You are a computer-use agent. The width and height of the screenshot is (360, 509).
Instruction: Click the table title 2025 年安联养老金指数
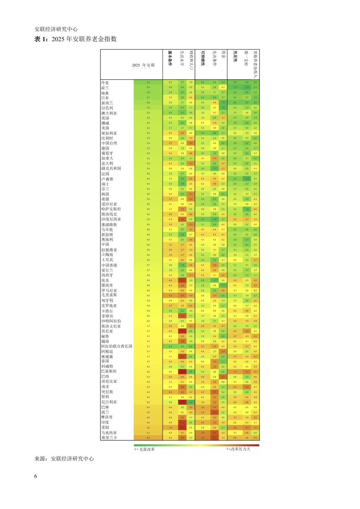(x=84, y=39)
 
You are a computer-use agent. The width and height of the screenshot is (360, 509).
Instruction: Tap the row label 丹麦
(x=105, y=83)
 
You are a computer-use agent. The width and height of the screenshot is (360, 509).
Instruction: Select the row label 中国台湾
(x=109, y=143)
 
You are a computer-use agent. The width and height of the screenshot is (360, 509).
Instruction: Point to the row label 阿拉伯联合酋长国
(x=117, y=346)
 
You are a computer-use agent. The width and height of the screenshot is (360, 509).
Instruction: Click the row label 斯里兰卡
(x=109, y=438)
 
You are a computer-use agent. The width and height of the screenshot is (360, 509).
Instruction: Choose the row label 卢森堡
(x=107, y=179)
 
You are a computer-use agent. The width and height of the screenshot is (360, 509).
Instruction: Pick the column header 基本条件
(x=170, y=58)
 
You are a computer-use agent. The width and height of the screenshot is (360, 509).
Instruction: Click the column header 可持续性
(x=202, y=58)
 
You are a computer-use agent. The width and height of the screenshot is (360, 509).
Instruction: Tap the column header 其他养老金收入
(x=255, y=64)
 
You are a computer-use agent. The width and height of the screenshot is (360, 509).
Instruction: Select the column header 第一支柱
(x=247, y=58)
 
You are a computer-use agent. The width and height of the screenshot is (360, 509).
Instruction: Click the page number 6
(x=36, y=476)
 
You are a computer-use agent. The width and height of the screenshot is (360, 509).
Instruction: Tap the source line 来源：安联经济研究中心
(x=64, y=459)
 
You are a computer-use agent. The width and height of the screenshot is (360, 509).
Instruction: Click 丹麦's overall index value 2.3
(x=148, y=82)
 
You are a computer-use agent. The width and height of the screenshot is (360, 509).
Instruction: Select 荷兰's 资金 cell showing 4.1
(x=223, y=87)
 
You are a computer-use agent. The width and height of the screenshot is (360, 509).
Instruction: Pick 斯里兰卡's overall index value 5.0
(x=148, y=438)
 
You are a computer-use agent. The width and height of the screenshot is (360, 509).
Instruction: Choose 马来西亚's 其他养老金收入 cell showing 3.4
(x=255, y=433)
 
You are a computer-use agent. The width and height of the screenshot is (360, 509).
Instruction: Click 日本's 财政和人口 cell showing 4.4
(x=191, y=98)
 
